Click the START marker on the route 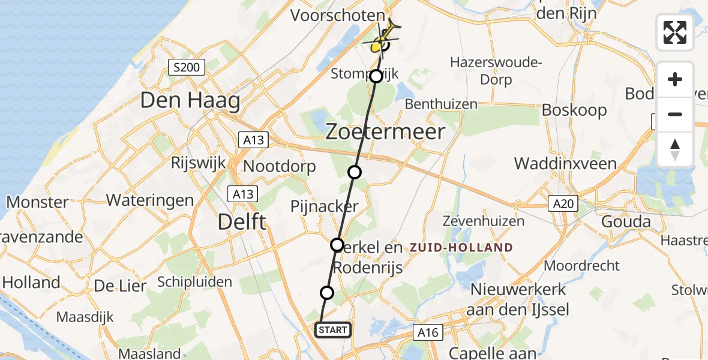tap(332, 330)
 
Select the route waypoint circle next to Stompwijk tap(376, 76)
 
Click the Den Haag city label tap(190, 100)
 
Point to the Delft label tap(242, 222)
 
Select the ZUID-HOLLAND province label tap(461, 247)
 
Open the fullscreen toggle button tap(675, 32)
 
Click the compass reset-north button tap(675, 149)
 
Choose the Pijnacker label tap(325, 207)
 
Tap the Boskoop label tap(574, 110)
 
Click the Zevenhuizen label tap(483, 221)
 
